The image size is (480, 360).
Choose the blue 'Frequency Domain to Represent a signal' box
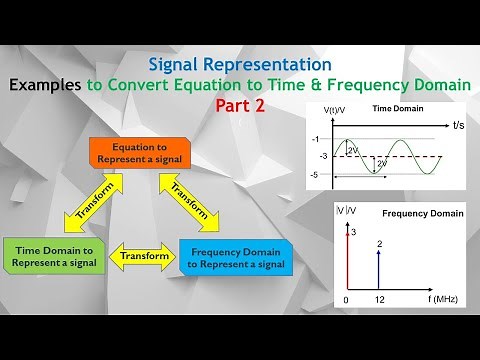(236, 257)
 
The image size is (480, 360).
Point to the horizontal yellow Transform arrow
(142, 256)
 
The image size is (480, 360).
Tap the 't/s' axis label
(458, 126)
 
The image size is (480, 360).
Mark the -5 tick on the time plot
(315, 175)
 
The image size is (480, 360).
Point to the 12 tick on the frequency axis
(380, 299)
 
